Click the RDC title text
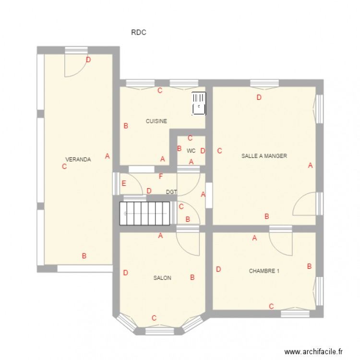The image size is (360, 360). (x=138, y=33)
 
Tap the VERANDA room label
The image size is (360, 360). (x=78, y=159)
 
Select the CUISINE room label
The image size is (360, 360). (x=156, y=121)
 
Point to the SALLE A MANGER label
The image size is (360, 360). (x=264, y=156)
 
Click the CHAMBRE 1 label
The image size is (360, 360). (x=264, y=271)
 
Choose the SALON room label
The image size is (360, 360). (x=162, y=278)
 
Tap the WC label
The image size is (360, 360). (x=191, y=151)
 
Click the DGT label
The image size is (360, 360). (x=171, y=192)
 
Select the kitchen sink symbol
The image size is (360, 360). (x=199, y=104)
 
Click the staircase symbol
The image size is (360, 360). (x=145, y=213)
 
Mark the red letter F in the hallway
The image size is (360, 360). (x=161, y=176)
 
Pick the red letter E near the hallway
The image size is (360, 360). (x=124, y=183)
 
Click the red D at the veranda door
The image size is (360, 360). (x=88, y=60)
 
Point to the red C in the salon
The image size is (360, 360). (x=154, y=318)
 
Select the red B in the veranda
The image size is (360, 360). (x=84, y=256)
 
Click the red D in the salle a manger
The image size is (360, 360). (x=259, y=97)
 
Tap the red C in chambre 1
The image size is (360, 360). (x=271, y=306)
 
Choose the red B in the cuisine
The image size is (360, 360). (x=126, y=126)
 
